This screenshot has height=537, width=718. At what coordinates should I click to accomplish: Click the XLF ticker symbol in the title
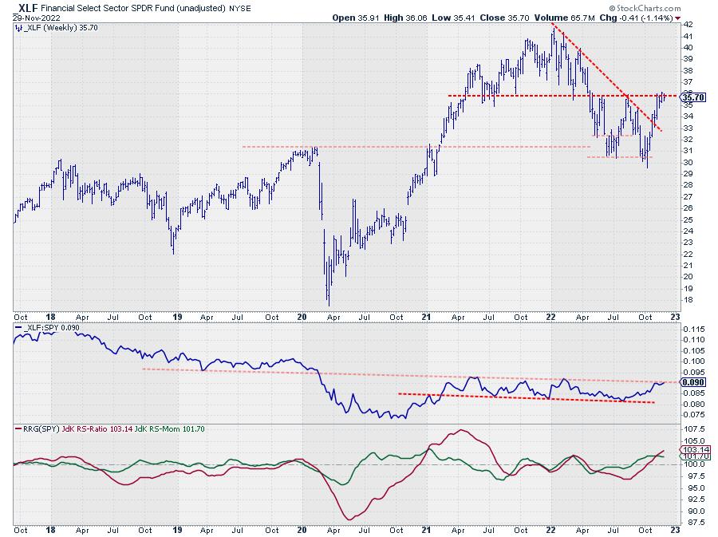(25, 6)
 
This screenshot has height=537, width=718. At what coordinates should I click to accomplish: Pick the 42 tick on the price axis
(688, 25)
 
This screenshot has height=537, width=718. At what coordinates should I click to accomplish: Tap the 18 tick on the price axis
(688, 300)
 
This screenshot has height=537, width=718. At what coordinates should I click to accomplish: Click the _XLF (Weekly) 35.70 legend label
(53, 27)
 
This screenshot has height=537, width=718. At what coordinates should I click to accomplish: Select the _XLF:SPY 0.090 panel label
(49, 327)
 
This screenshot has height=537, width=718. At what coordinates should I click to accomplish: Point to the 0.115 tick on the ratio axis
(695, 329)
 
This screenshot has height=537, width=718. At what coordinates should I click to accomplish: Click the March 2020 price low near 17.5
(329, 304)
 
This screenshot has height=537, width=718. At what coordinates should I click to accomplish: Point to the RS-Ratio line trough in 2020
(349, 519)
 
